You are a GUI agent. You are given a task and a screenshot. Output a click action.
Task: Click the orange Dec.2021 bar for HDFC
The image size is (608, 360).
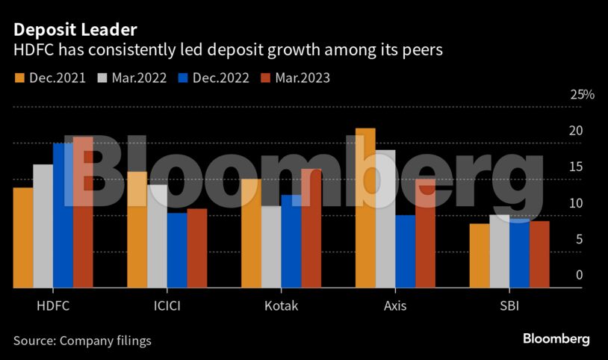pos(23,237)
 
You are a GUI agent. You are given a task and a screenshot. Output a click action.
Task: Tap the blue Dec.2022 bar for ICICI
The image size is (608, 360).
pos(177,249)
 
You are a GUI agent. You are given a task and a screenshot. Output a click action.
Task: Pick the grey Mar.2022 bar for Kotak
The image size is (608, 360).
pos(271,246)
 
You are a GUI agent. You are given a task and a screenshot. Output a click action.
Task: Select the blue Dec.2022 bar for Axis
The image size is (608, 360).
pos(405,251)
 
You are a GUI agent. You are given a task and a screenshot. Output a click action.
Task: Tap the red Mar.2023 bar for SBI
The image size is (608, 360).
pos(539,254)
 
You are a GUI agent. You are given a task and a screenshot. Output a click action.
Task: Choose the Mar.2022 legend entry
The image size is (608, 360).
pos(131,77)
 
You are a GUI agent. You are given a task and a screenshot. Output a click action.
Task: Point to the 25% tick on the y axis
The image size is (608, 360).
pos(582,95)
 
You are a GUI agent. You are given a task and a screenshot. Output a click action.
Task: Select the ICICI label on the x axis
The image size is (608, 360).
pos(167,306)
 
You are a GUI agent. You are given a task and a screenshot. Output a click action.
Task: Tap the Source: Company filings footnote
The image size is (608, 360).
pos(82,341)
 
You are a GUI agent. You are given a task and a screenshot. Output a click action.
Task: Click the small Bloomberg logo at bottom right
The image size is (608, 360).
pos(556,339)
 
